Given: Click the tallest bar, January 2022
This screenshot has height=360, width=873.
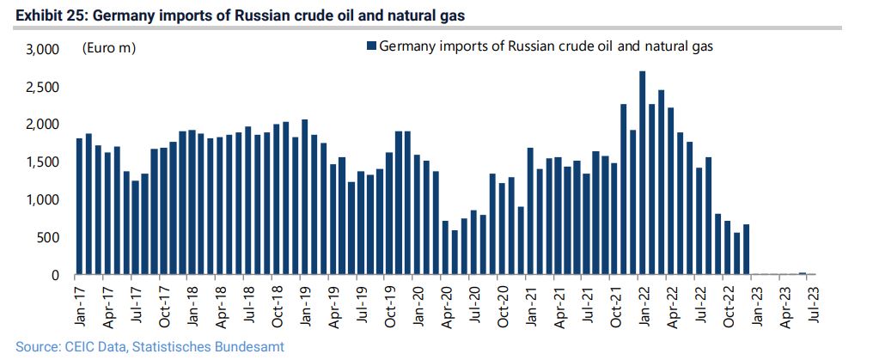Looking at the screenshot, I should [x=643, y=173].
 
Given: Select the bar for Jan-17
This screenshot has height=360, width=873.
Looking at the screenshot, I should [x=79, y=206].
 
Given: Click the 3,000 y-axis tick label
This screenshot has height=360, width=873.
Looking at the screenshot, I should [x=40, y=50].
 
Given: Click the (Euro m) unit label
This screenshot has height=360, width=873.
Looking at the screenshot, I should [x=108, y=49].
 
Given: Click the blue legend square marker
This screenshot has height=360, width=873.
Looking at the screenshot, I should [x=371, y=46].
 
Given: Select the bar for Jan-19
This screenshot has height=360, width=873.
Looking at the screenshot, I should [x=304, y=197].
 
